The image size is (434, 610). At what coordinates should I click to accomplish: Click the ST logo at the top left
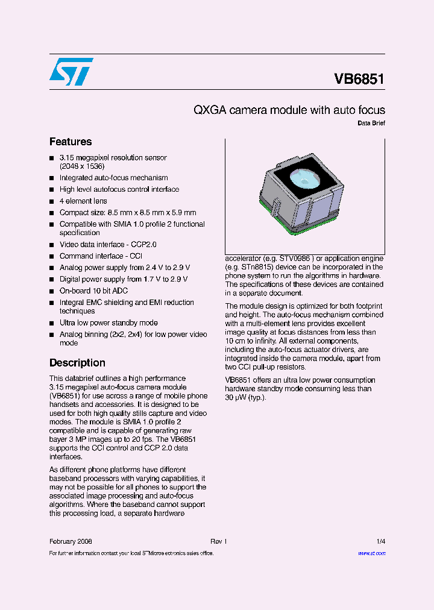tap(71, 71)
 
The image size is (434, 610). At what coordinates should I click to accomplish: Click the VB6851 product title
tap(359, 79)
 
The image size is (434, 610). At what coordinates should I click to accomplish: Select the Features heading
tap(71, 142)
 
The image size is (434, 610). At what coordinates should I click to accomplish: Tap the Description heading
tap(77, 363)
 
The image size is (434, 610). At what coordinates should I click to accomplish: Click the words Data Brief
tap(371, 123)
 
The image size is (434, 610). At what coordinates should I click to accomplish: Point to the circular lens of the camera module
tap(300, 178)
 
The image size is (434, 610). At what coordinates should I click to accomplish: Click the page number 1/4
tap(380, 541)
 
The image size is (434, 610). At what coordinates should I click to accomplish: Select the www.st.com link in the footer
tap(371, 553)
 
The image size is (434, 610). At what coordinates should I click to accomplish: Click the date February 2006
tap(71, 541)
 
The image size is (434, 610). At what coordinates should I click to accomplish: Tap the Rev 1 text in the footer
tap(218, 541)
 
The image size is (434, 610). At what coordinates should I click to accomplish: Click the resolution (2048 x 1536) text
tap(82, 166)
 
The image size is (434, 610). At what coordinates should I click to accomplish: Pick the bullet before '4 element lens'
tap(52, 201)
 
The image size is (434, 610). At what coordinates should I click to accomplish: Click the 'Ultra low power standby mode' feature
tap(108, 323)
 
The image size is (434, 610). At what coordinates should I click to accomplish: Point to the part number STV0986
tap(295, 258)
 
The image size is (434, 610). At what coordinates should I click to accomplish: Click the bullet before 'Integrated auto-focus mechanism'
tap(52, 178)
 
